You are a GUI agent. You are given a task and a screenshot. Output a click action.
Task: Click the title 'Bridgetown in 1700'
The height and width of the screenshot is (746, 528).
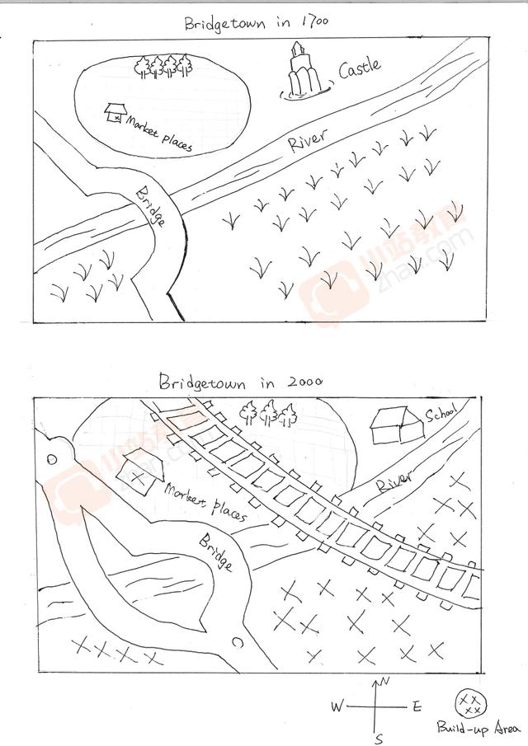[x=256, y=23]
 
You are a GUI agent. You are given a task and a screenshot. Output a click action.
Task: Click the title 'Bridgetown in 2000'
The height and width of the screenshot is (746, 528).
[x=241, y=382]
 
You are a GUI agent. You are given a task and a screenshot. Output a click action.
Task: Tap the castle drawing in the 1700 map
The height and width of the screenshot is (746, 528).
[x=303, y=72]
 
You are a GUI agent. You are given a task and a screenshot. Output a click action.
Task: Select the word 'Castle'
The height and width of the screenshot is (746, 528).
[x=360, y=68]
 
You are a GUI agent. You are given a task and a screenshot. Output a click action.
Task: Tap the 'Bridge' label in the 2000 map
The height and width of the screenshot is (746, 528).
[x=216, y=552]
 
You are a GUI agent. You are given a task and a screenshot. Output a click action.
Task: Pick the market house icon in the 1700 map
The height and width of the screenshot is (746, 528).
[x=115, y=112]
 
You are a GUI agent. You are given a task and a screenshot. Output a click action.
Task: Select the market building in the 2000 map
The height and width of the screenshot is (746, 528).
[x=140, y=470]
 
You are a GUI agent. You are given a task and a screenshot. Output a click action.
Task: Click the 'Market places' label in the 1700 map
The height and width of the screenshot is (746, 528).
[x=159, y=134]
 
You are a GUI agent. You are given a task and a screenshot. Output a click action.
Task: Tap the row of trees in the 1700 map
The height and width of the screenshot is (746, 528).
[x=163, y=67]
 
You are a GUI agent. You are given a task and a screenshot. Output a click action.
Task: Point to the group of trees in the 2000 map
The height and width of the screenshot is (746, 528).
[x=268, y=412]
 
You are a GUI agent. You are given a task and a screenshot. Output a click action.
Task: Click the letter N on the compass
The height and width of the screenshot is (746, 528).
[x=385, y=682]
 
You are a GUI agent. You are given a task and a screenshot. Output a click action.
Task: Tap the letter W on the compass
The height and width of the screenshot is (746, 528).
[x=337, y=706]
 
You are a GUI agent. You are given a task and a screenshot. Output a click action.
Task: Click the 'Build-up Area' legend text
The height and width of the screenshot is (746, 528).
[x=478, y=728]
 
